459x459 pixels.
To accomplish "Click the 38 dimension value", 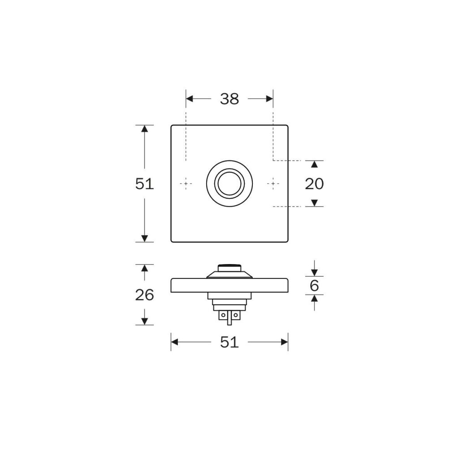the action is coord(229,99).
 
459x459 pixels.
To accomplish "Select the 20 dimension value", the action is coord(314,184).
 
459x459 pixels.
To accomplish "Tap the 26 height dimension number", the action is coord(144,295).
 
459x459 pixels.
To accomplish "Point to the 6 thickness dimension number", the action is coord(314,286).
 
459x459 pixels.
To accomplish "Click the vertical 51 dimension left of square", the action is coord(144,184).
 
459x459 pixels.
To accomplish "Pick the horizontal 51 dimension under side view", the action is coord(229,342).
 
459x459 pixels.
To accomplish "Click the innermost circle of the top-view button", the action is coord(229,183).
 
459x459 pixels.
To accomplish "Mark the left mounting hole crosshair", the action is coord(186,183).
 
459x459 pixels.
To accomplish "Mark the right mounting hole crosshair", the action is coord(273,183).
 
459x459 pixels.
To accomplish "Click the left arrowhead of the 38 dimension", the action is coord(190,99).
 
